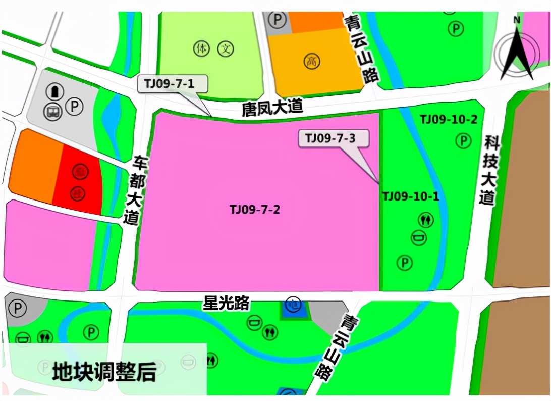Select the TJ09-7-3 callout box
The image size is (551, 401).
(334, 138)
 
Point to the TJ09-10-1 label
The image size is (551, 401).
(410, 196)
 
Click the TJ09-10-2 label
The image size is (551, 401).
(449, 120)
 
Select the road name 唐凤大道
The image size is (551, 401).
(272, 108)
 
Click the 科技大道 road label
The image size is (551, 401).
(488, 170)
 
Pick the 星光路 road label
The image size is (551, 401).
(226, 303)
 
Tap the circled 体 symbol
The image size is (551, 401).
(201, 49)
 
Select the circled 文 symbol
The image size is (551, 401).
(226, 49)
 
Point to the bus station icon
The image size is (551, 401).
(53, 112)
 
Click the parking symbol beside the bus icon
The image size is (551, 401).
(75, 107)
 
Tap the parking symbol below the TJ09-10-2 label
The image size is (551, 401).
(463, 141)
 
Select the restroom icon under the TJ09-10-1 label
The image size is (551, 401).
(425, 220)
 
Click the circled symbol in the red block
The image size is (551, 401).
(79, 171)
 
